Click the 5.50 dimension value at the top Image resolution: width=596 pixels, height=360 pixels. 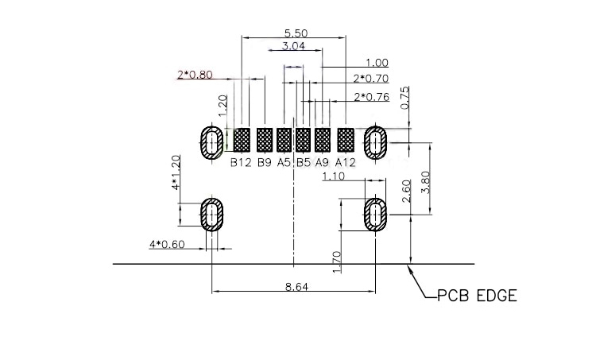click(x=296, y=33)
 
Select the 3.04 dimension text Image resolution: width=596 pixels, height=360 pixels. click(x=294, y=47)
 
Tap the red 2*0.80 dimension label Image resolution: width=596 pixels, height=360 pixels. click(x=195, y=76)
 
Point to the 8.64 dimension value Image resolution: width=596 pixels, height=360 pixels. click(x=296, y=287)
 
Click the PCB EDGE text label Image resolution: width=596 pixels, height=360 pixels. click(x=478, y=296)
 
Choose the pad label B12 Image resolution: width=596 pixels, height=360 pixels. click(x=241, y=163)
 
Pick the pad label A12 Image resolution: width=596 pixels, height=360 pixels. click(x=345, y=163)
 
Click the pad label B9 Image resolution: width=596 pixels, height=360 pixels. click(x=264, y=163)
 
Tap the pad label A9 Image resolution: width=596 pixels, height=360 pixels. click(x=322, y=163)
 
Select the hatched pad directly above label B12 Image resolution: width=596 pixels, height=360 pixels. click(x=242, y=140)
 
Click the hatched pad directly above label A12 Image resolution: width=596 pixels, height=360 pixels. click(x=346, y=140)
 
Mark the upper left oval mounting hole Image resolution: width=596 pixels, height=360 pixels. click(x=211, y=144)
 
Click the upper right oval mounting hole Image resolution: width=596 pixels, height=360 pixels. click(x=374, y=144)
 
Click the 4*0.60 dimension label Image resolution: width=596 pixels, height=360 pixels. click(x=167, y=245)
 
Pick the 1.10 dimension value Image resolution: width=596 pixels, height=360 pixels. click(x=334, y=177)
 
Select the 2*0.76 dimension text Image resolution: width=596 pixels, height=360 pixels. click(x=371, y=97)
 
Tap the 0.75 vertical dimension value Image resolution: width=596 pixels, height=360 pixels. click(x=405, y=96)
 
